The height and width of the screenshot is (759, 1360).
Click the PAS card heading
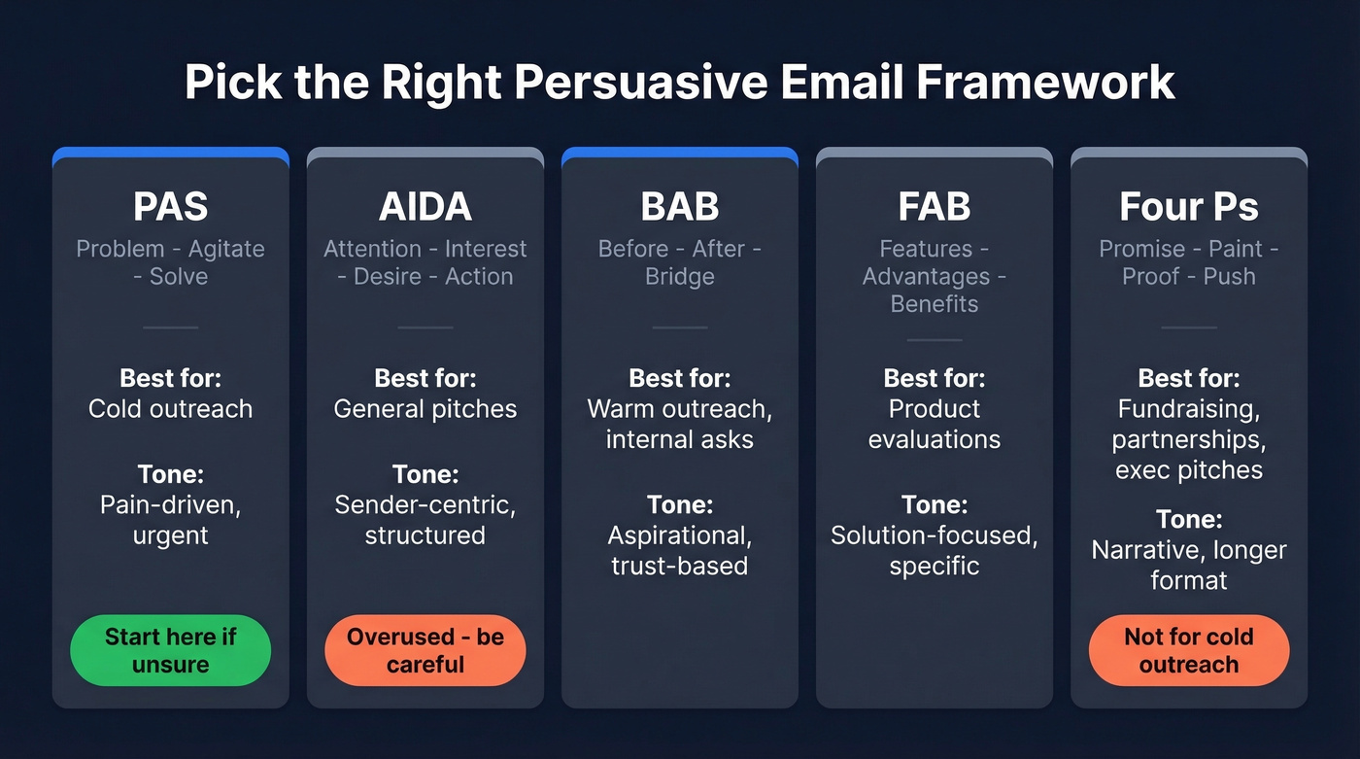[170, 207]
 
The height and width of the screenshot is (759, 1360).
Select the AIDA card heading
[425, 207]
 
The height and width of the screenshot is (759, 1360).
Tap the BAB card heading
[679, 207]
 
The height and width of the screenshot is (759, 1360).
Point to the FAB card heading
[934, 207]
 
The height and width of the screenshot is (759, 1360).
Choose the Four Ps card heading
[1188, 207]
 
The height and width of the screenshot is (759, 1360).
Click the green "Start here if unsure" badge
[170, 650]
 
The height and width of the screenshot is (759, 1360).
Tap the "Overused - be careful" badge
[425, 650]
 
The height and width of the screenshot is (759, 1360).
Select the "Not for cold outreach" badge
[1188, 650]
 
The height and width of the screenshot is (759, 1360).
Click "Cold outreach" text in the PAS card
[170, 409]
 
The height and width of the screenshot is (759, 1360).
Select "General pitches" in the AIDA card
[425, 409]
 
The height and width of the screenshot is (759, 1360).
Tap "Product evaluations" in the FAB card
[934, 424]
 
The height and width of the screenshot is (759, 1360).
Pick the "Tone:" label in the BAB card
[679, 504]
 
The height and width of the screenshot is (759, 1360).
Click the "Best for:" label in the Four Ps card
[1188, 377]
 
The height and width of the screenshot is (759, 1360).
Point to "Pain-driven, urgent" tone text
[170, 520]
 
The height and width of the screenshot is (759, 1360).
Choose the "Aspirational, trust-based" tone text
[679, 551]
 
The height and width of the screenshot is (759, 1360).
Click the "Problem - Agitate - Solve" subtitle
[170, 262]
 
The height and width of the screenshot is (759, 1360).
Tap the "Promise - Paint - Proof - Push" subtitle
[1188, 262]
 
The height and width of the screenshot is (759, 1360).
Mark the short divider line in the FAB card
[934, 340]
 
